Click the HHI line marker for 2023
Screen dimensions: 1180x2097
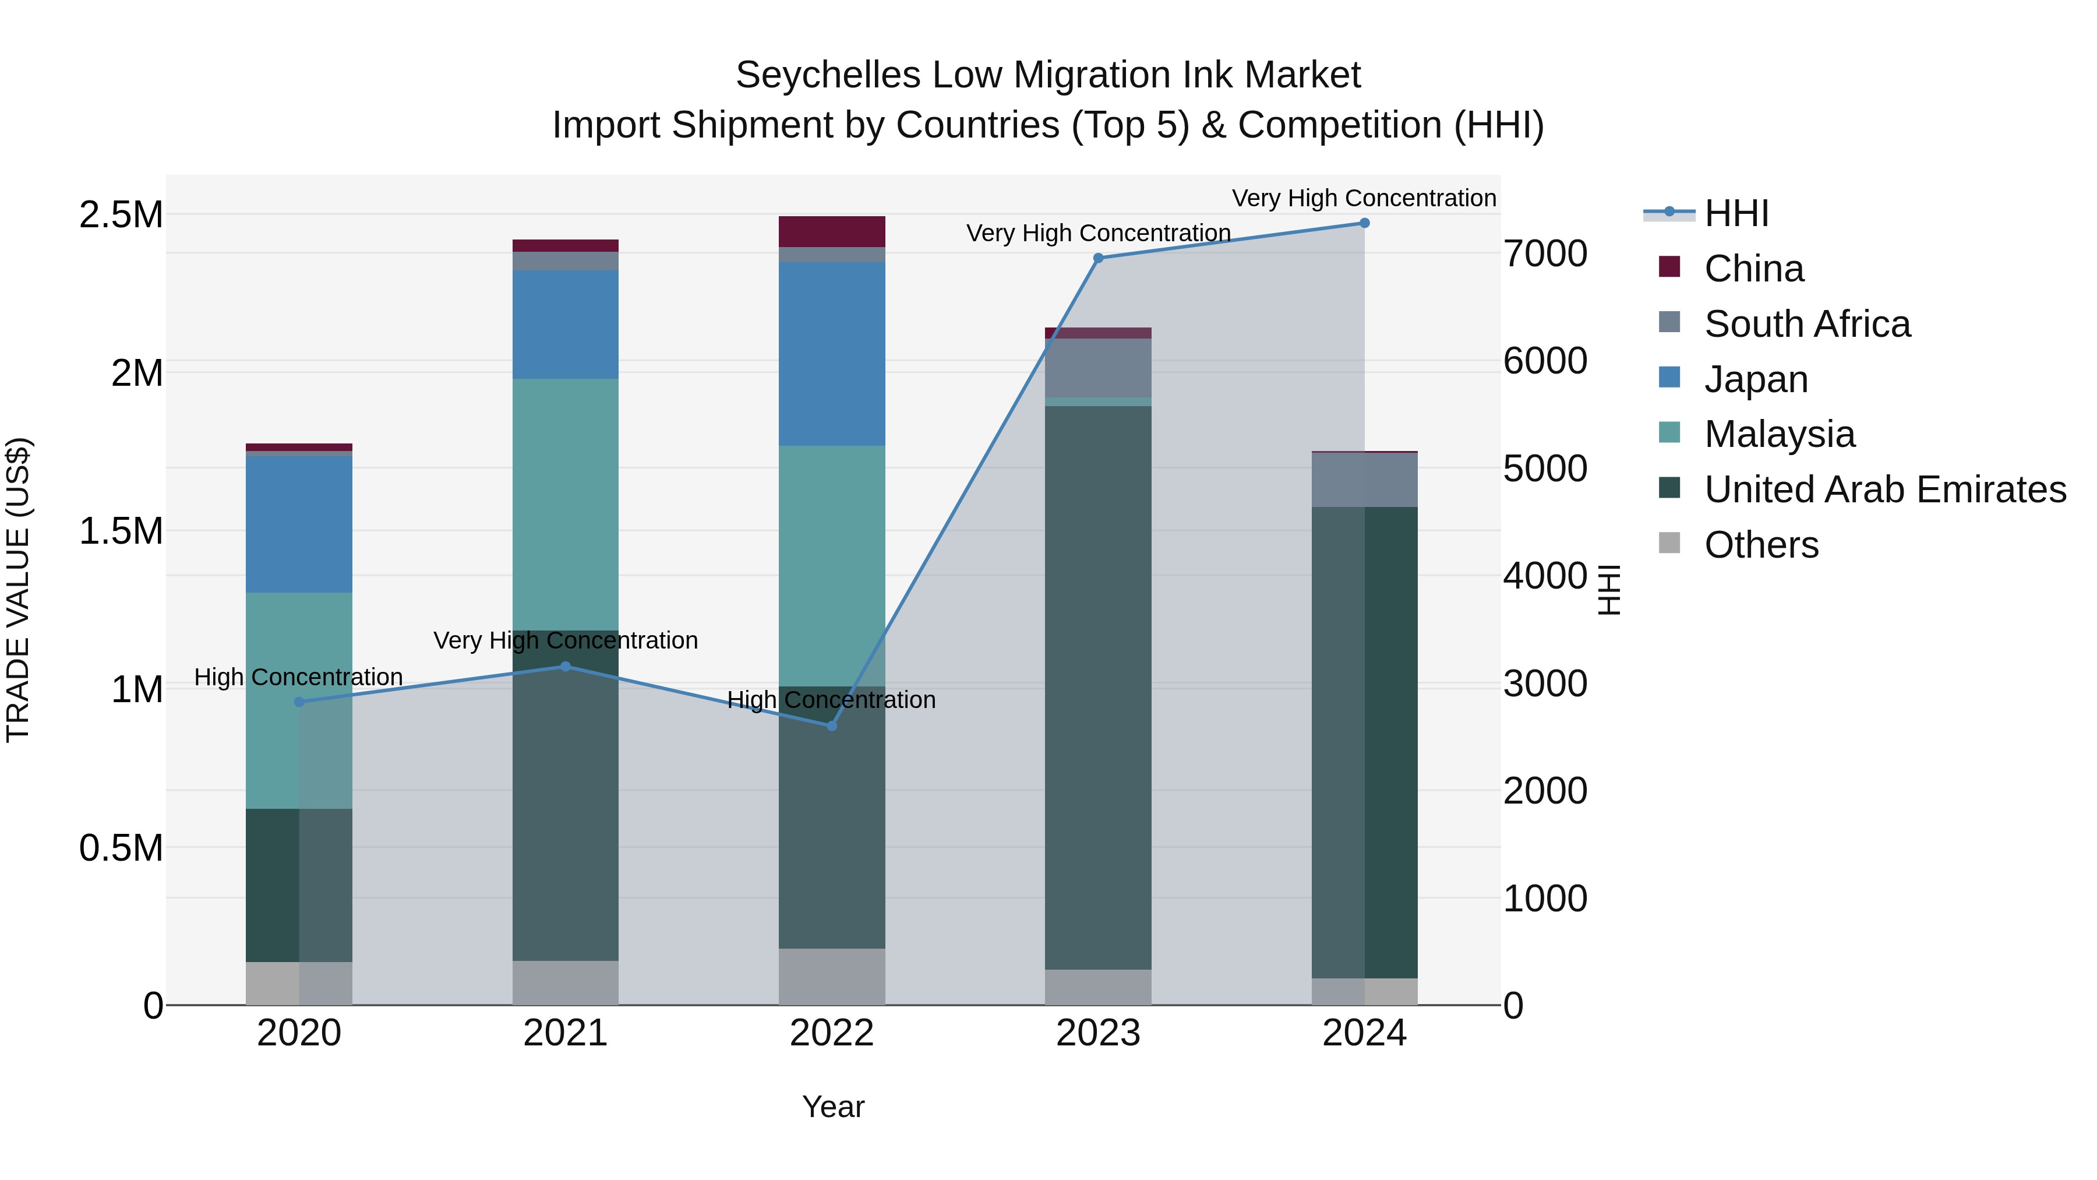click(1098, 258)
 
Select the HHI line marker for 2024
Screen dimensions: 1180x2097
click(1364, 223)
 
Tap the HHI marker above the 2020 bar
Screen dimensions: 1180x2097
click(299, 702)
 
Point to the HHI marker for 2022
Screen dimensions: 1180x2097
click(832, 725)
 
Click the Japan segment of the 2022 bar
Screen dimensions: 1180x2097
click(832, 354)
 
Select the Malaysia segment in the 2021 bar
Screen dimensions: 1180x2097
click(565, 505)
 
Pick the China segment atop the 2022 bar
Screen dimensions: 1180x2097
click(832, 231)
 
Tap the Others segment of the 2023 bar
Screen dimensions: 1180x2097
click(1098, 987)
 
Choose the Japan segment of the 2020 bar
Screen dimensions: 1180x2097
click(299, 524)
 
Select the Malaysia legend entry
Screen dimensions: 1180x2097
click(1780, 434)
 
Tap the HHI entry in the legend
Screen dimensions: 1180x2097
click(1736, 213)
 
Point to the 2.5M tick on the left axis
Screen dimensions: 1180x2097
click(121, 215)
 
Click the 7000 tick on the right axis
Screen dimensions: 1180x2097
click(1544, 254)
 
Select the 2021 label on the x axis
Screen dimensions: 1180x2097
click(565, 1033)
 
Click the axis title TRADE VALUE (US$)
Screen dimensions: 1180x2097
click(18, 590)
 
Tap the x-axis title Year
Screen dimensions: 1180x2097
click(833, 1107)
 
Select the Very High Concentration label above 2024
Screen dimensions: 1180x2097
click(1364, 198)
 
